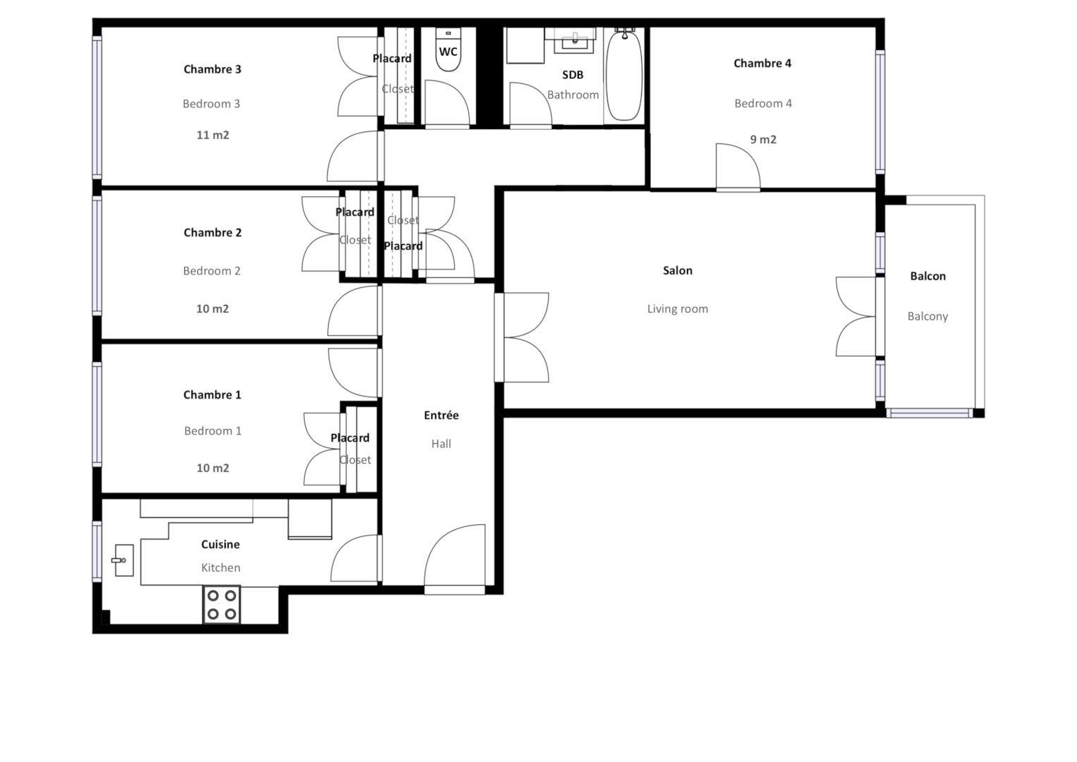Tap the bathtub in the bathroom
click(624, 75)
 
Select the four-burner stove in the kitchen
click(221, 605)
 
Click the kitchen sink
click(123, 560)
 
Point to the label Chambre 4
click(762, 64)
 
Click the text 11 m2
click(212, 135)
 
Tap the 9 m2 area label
click(763, 140)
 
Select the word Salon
click(677, 270)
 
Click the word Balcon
click(927, 277)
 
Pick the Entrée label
click(441, 416)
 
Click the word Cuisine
click(220, 545)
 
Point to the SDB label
click(572, 75)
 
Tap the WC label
click(448, 52)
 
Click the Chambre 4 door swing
click(736, 169)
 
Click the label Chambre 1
click(212, 395)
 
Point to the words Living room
click(677, 309)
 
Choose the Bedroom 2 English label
click(212, 271)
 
